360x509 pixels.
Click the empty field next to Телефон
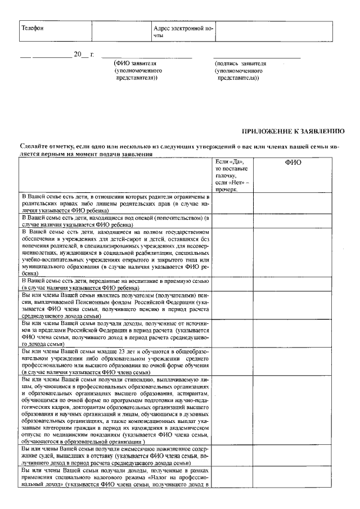121,31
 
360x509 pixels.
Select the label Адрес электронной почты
183,31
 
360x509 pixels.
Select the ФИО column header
294,163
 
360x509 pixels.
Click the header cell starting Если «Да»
232,175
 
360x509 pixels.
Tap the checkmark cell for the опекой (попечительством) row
232,220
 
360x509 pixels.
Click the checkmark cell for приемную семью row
232,283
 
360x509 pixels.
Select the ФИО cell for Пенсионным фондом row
294,305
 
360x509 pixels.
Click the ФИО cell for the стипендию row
294,411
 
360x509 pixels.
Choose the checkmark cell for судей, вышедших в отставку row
232,455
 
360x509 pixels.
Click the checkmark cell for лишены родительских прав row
232,202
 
